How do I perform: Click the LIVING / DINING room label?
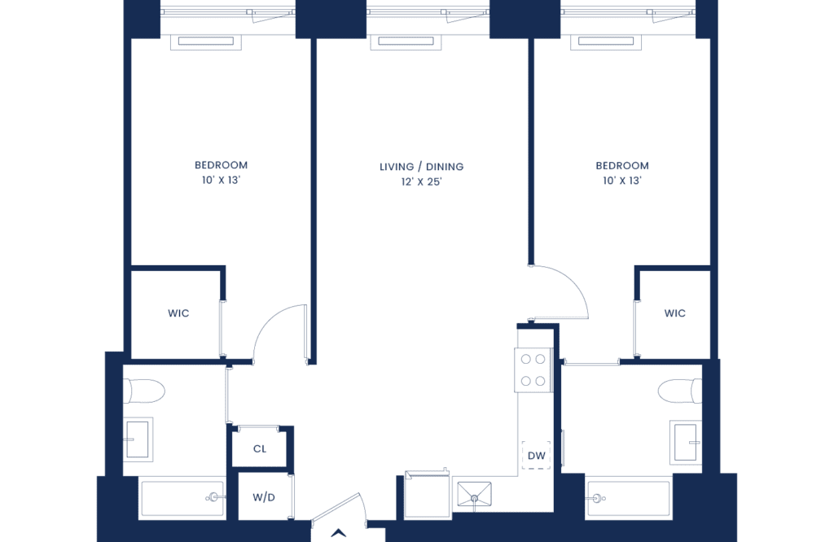coord(421,167)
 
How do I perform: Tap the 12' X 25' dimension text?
coord(421,181)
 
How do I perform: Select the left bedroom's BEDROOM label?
coord(221,165)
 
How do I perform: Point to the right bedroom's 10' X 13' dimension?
coord(621,181)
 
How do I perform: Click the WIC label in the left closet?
coord(178,313)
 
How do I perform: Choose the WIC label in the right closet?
coord(674,313)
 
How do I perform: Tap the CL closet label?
coord(260,449)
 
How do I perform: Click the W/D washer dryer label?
coord(264,497)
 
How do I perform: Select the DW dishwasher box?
coord(536,456)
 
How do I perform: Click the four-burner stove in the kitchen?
coord(533,369)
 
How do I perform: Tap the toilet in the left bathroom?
coord(144,391)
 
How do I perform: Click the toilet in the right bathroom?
coord(680,391)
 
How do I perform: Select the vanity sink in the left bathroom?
coord(138,439)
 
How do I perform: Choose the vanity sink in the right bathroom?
coord(686,443)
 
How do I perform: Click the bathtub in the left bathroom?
coord(182,498)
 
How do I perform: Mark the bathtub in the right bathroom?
coord(628,498)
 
